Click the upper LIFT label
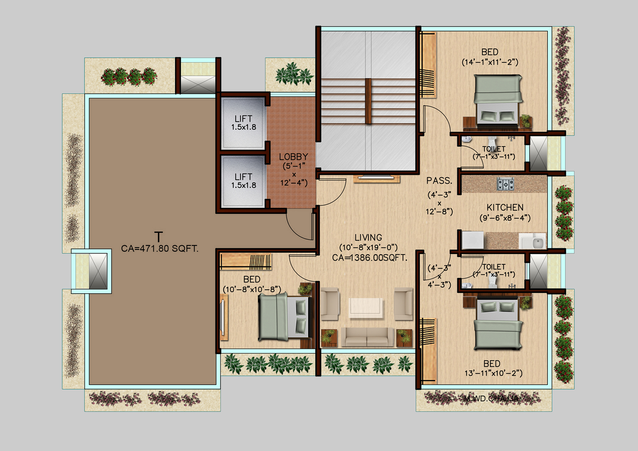point(243,119)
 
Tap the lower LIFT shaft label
point(243,177)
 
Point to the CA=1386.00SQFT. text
point(370,258)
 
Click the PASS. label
point(439,181)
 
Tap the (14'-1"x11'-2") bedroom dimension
point(490,62)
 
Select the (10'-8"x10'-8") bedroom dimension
point(252,289)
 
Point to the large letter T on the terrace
point(158,237)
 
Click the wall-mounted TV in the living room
point(377,177)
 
